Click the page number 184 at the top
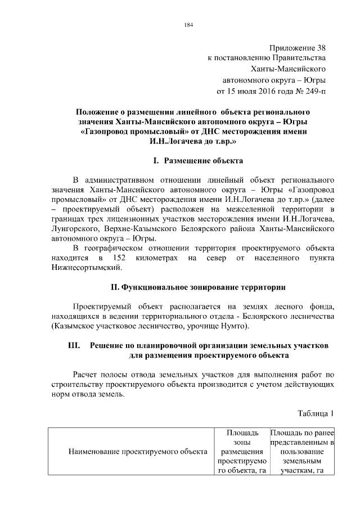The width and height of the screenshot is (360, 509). [188, 24]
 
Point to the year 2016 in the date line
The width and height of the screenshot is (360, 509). [272, 91]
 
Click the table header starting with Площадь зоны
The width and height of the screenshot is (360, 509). [241, 451]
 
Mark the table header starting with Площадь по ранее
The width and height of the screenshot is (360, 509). [302, 451]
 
